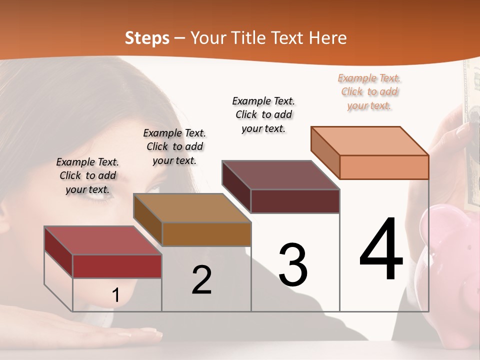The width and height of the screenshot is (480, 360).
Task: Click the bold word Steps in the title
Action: (x=147, y=38)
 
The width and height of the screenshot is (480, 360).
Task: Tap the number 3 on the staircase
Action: (x=293, y=265)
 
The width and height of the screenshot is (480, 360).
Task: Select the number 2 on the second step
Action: (x=201, y=280)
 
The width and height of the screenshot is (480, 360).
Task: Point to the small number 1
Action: (x=115, y=295)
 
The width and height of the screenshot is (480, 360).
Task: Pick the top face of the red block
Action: (x=103, y=240)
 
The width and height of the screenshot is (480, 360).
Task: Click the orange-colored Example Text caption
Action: (x=369, y=91)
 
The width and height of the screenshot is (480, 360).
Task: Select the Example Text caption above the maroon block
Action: (x=263, y=114)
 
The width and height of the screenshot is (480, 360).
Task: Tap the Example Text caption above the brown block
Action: (x=174, y=146)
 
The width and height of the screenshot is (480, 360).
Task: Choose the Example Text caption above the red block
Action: (x=87, y=175)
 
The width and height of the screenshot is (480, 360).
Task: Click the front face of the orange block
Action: (x=384, y=167)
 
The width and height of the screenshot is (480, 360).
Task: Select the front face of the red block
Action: (x=117, y=266)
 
